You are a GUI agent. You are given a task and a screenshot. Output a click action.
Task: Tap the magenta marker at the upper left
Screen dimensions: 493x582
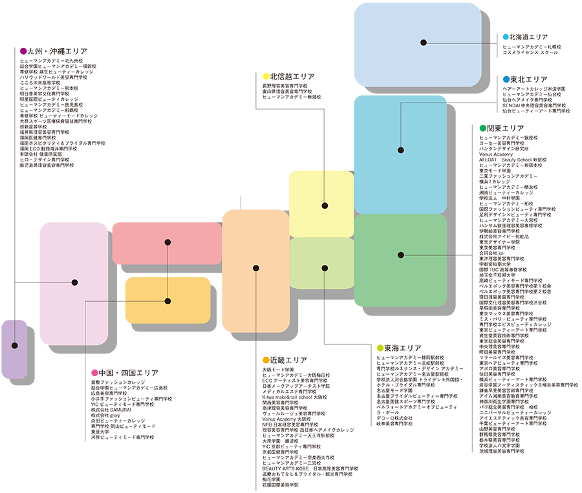[x=23, y=47]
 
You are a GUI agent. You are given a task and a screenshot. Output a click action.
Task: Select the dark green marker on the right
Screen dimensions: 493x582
[x=481, y=123]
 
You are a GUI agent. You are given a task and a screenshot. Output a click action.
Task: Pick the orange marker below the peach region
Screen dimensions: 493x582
[x=264, y=357]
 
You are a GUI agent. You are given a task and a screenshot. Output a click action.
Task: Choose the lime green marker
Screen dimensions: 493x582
[x=380, y=342]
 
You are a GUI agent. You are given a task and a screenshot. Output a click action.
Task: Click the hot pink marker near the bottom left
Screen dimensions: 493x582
[x=94, y=370]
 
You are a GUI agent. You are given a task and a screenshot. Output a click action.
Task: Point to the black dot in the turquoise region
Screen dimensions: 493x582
[x=401, y=150]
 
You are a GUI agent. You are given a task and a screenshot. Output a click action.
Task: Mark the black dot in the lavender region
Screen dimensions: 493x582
[x=14, y=346]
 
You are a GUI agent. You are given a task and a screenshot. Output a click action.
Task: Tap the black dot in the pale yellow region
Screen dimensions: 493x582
[x=325, y=205]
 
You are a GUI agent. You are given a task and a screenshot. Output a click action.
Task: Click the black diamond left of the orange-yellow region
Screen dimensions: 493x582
[x=121, y=301]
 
